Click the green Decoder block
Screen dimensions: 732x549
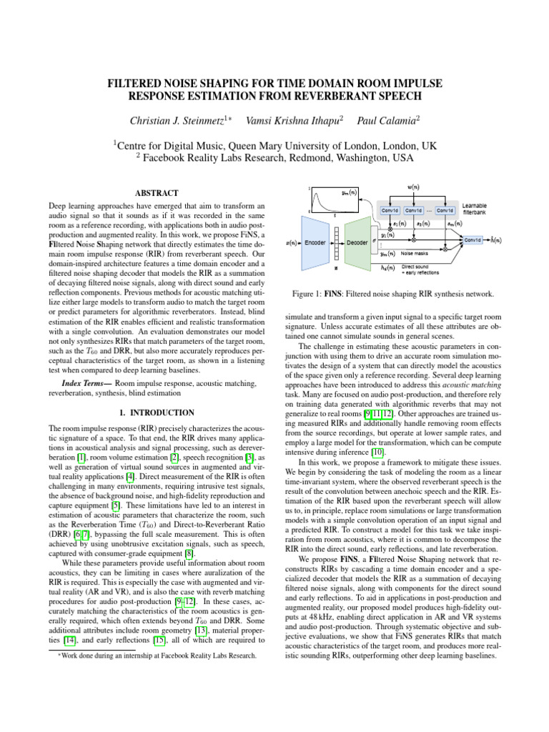(358, 242)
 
